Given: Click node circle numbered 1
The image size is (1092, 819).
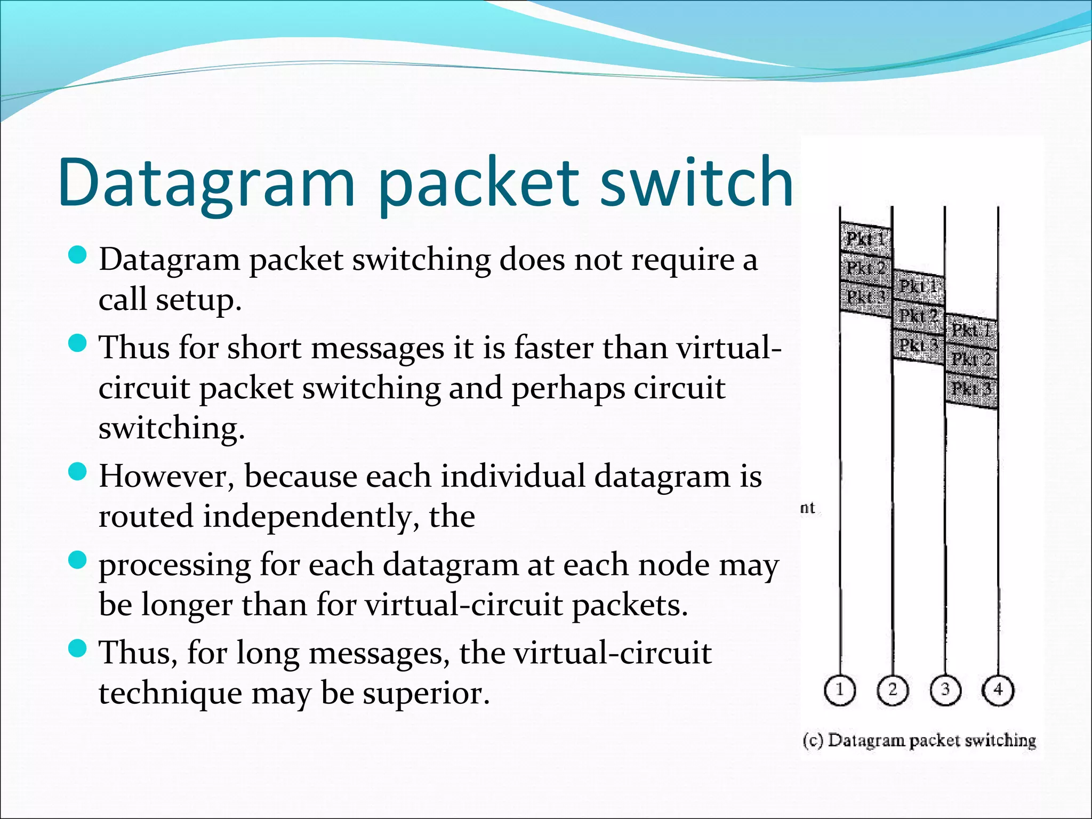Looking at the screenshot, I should [x=840, y=690].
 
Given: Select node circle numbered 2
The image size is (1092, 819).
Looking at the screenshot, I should [x=893, y=690].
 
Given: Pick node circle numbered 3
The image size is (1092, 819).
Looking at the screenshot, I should [x=945, y=690].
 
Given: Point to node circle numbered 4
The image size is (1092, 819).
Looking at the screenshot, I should [x=998, y=690].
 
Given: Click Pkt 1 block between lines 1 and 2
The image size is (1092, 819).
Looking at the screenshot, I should [x=866, y=238].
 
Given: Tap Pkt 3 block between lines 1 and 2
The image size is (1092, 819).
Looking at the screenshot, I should [x=866, y=296].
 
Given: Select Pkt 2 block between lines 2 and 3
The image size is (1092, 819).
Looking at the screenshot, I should [x=918, y=316].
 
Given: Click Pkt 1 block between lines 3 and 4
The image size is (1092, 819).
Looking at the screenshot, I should [x=971, y=330].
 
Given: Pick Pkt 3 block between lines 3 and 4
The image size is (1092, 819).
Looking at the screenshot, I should [x=971, y=388].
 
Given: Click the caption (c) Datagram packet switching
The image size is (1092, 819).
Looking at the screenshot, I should [x=919, y=740].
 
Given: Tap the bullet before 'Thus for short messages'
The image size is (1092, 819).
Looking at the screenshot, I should [x=78, y=344].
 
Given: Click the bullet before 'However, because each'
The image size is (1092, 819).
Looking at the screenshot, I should [x=78, y=472].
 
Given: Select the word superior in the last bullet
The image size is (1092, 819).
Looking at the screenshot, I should [x=426, y=693].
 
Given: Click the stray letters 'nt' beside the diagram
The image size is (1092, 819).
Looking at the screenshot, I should [x=807, y=508].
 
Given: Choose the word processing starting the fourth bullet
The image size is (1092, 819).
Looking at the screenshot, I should [x=175, y=565].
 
